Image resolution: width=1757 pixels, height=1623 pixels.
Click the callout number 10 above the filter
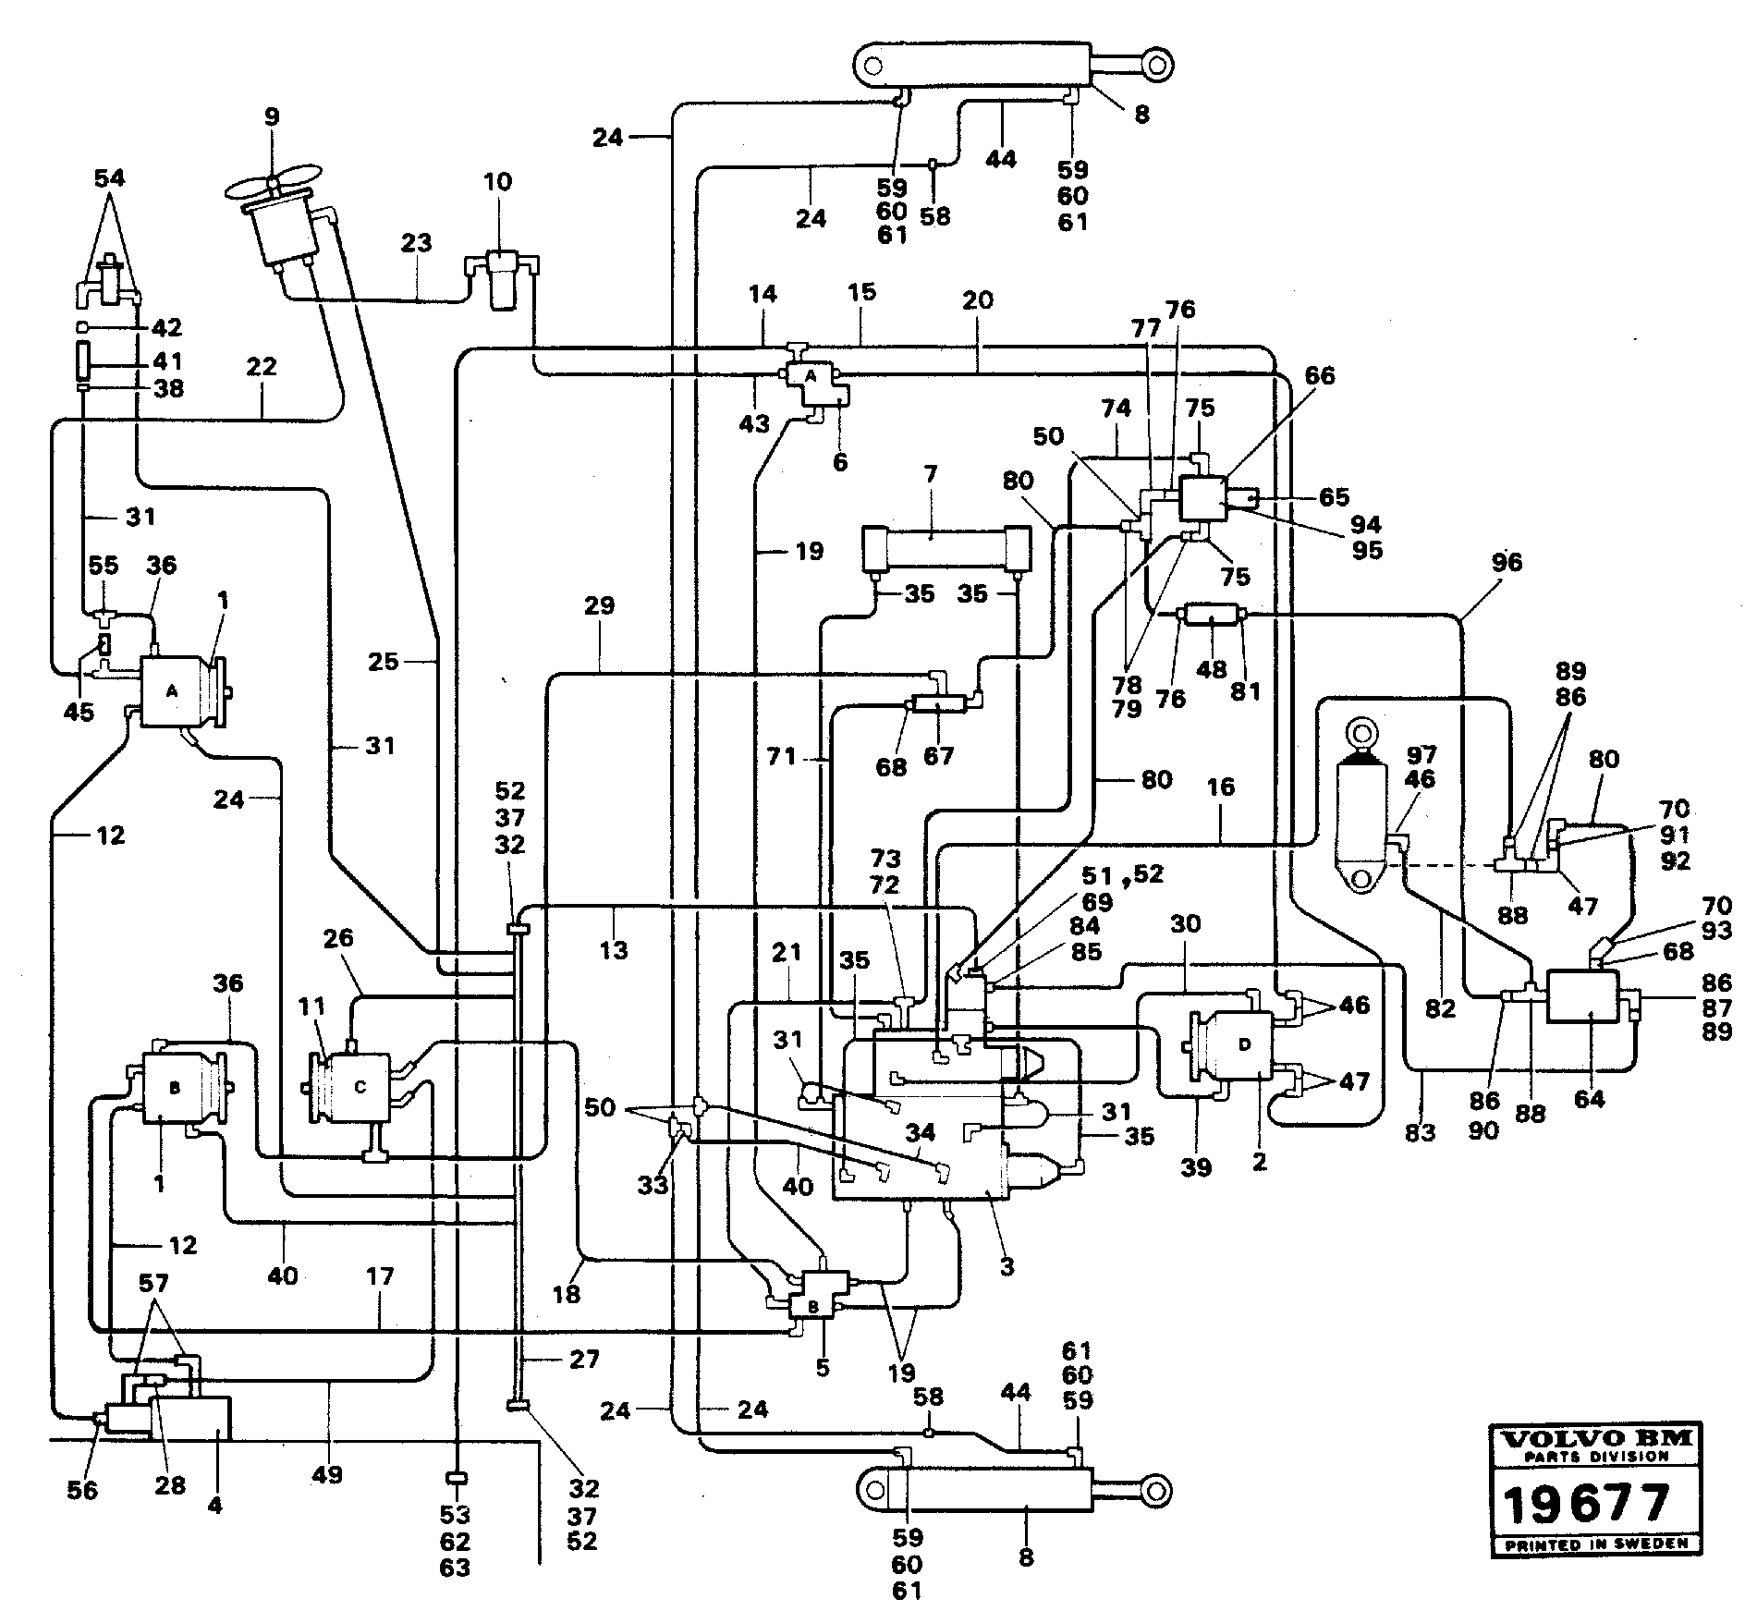[497, 181]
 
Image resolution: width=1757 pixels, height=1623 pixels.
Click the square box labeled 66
[1201, 500]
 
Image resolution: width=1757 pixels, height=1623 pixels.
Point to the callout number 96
[1507, 562]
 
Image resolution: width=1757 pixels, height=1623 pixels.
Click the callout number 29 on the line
[599, 605]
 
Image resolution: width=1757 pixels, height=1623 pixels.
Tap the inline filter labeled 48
[1210, 615]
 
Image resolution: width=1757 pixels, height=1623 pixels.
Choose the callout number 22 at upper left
[262, 366]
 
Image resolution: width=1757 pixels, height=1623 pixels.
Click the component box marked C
[360, 1088]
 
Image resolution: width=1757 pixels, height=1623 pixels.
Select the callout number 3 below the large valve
[1007, 1266]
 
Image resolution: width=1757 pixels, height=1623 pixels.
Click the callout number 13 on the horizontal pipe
[613, 949]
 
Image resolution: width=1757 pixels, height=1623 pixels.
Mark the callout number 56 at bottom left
[82, 1490]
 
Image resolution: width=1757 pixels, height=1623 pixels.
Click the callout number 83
[1421, 1131]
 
